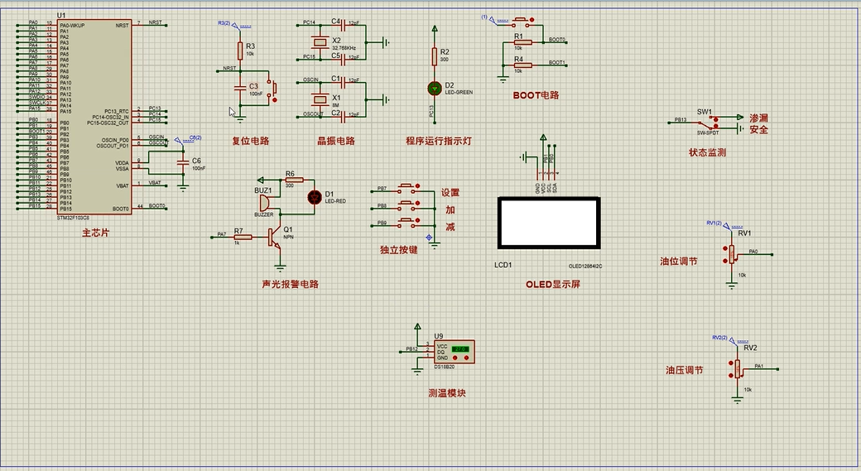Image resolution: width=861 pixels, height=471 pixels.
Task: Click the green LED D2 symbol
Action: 434,88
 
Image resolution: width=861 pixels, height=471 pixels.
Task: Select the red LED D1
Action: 314,197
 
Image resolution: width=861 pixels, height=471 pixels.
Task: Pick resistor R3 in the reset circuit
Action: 240,50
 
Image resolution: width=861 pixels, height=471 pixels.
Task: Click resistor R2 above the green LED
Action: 434,55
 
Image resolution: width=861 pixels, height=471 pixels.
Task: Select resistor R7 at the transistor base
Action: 238,237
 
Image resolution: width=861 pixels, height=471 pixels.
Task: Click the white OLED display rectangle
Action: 547,223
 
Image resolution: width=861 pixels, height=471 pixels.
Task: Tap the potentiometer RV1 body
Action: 731,254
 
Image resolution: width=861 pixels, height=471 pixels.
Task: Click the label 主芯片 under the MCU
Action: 96,233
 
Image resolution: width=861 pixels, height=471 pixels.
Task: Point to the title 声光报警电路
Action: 291,284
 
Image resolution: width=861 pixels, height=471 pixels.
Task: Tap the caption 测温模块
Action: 447,393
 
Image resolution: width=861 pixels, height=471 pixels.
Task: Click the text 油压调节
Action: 685,370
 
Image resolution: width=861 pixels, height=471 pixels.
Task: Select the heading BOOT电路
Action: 536,95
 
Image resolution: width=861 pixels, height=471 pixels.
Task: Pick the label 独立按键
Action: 399,249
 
